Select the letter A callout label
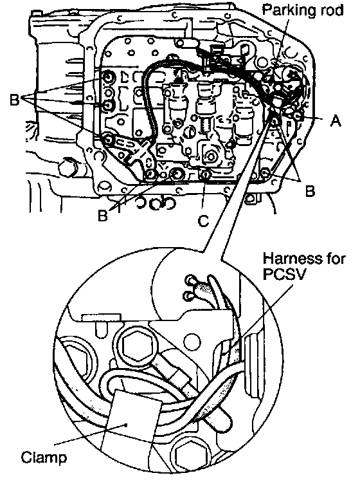pyautogui.click(x=336, y=121)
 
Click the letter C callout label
pyautogui.click(x=204, y=221)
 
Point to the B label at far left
pyautogui.click(x=15, y=100)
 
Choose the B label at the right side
pyautogui.click(x=309, y=191)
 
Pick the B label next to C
pyautogui.click(x=103, y=216)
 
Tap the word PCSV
pyautogui.click(x=284, y=274)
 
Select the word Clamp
pyautogui.click(x=44, y=458)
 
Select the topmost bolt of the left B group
pyautogui.click(x=108, y=77)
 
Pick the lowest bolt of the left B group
pyautogui.click(x=108, y=139)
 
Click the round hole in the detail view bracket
pyautogui.click(x=193, y=340)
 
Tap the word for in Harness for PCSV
pyautogui.click(x=334, y=259)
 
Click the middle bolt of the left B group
pyautogui.click(x=108, y=105)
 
